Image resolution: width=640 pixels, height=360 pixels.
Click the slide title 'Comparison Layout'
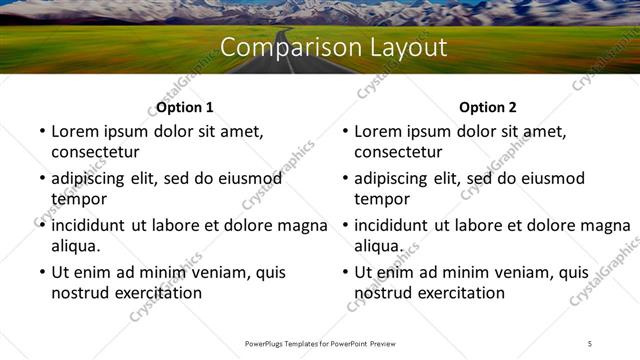coord(333,48)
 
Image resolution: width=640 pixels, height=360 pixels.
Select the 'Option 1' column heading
coord(185,107)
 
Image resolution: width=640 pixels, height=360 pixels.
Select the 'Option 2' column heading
coord(488,107)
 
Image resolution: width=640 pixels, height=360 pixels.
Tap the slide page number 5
coord(590,343)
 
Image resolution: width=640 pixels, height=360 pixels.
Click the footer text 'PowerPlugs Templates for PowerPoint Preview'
coord(320,343)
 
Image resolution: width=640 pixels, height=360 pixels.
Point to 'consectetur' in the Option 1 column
coord(95,152)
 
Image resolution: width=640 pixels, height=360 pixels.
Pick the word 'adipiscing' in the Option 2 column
coord(394,178)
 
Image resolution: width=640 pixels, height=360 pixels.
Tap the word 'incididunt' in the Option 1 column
coord(92,225)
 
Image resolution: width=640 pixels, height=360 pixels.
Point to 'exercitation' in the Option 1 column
coord(155,293)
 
